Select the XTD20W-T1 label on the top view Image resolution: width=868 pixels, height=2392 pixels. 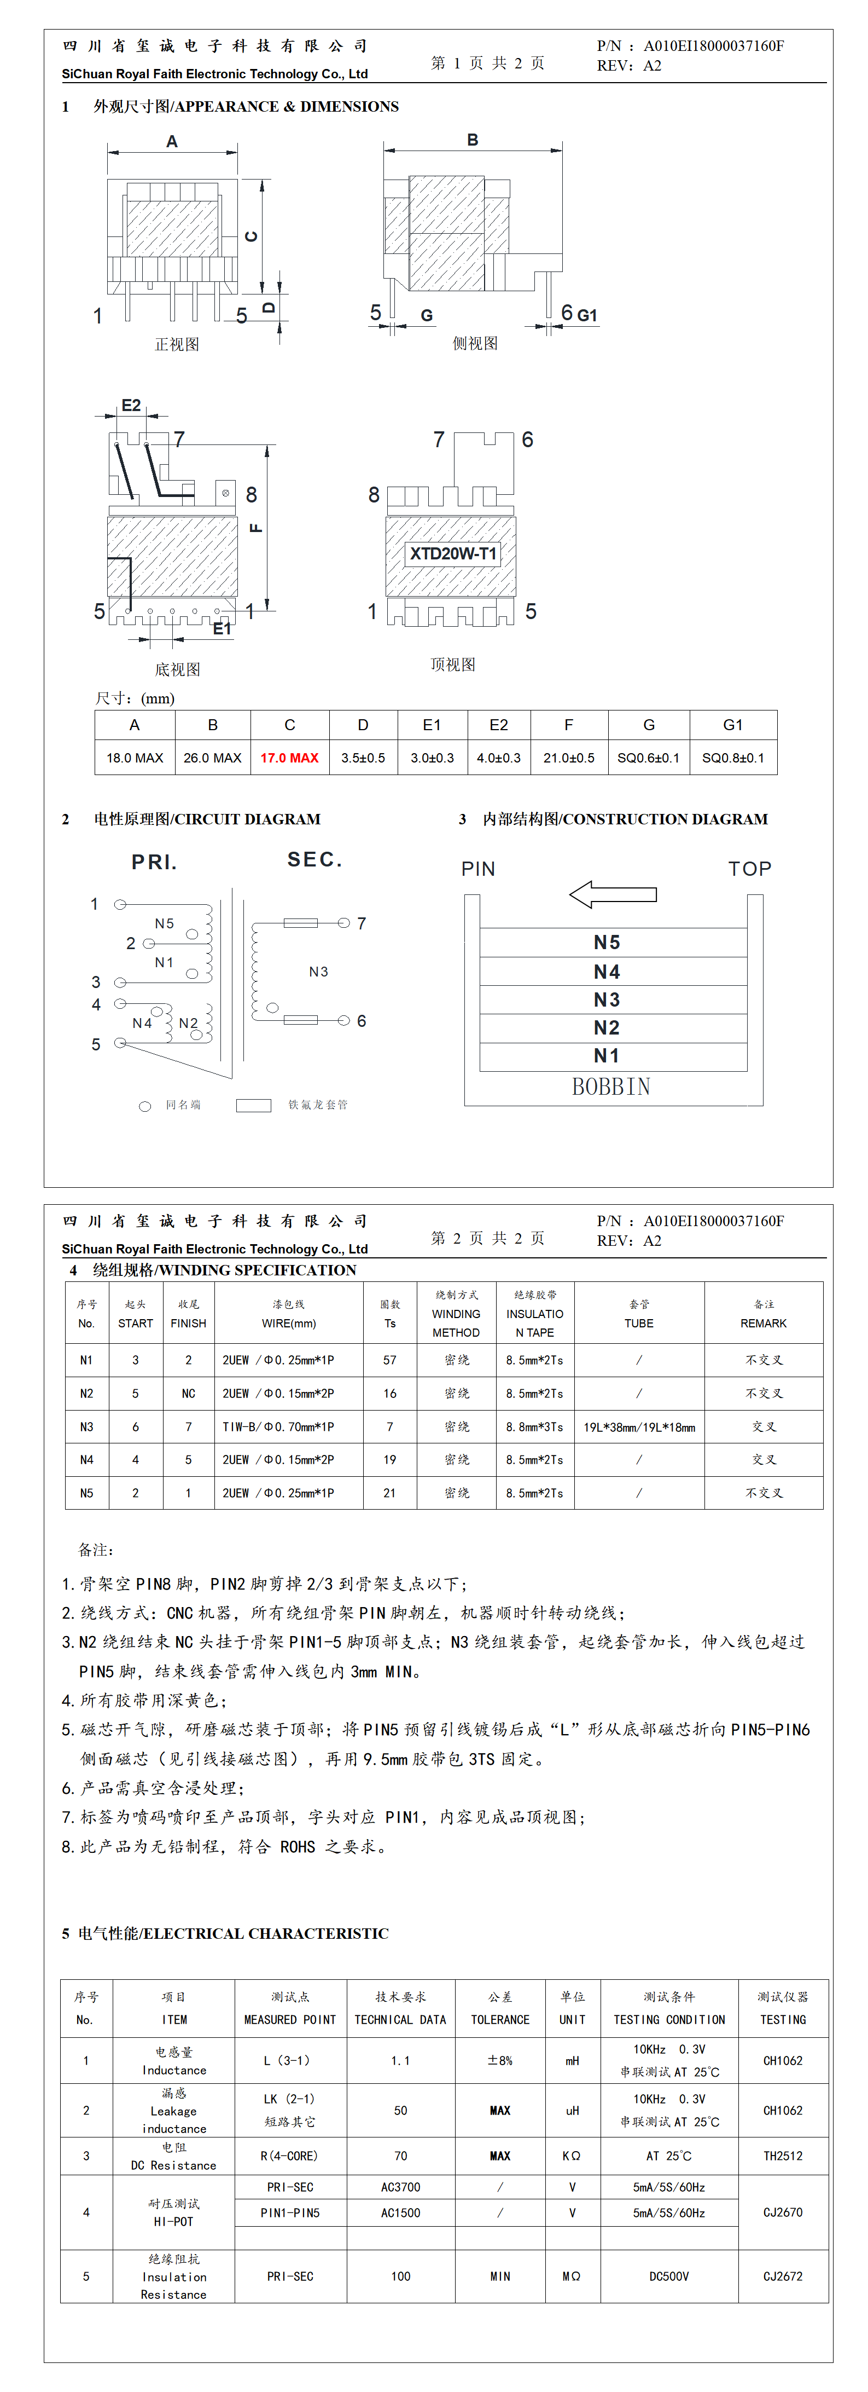(453, 553)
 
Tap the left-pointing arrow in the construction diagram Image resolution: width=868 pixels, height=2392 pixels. (613, 894)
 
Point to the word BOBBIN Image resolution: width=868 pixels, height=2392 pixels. (611, 1087)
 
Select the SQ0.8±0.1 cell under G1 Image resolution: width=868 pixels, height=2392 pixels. (732, 758)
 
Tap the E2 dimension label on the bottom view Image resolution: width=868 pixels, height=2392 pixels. (131, 406)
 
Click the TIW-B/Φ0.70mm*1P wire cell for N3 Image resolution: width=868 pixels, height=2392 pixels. (278, 1426)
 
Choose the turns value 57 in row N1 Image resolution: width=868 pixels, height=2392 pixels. (390, 1360)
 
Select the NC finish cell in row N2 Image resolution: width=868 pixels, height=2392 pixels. (189, 1394)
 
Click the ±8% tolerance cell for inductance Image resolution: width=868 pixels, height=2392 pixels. (499, 2060)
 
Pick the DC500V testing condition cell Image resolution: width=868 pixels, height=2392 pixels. (668, 2276)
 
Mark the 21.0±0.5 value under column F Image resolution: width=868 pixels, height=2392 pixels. (568, 758)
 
